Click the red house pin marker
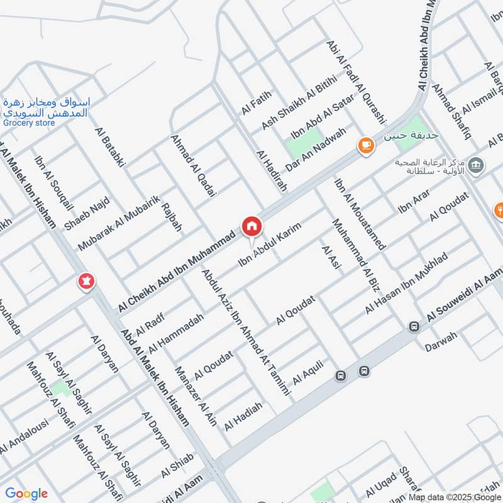click(251, 226)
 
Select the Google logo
click(26, 494)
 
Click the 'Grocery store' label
click(29, 123)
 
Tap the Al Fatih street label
click(255, 103)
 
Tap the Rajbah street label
click(172, 217)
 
